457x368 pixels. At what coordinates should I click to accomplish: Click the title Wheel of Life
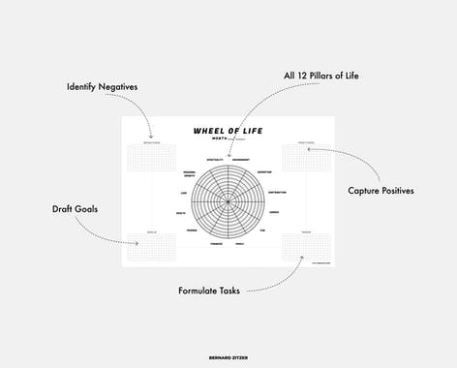(228, 130)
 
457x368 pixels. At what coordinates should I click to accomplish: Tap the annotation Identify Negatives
(102, 87)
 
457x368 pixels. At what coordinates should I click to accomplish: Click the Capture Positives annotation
(381, 190)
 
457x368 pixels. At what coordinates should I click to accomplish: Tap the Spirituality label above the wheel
(215, 159)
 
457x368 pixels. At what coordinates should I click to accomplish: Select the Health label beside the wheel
(181, 212)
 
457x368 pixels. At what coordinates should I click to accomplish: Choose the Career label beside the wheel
(274, 212)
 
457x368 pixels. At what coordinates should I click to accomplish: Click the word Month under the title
(219, 138)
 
